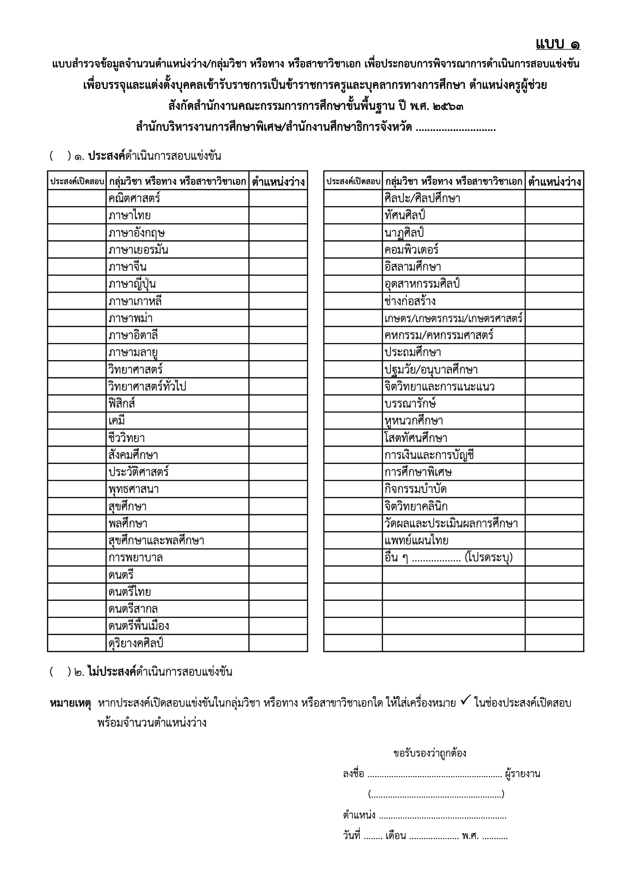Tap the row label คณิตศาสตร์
pos(134,198)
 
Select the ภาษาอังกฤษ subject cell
pos(137,233)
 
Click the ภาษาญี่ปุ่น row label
pos(132,284)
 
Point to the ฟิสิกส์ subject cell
pos(122,404)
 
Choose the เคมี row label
pos(117,421)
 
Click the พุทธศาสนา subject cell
pos(134,489)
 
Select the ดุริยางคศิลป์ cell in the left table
pos(136,643)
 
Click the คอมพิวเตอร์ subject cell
pos(411,250)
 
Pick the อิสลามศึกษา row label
pos(413,267)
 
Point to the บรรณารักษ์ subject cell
pos(410,404)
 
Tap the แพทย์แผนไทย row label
pos(416,540)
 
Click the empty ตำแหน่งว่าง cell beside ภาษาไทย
pos(278,216)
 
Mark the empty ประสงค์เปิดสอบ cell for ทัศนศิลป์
pos(352,216)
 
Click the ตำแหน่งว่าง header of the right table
pos(554,181)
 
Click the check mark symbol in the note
pos(464,702)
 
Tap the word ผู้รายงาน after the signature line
pos(523,774)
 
